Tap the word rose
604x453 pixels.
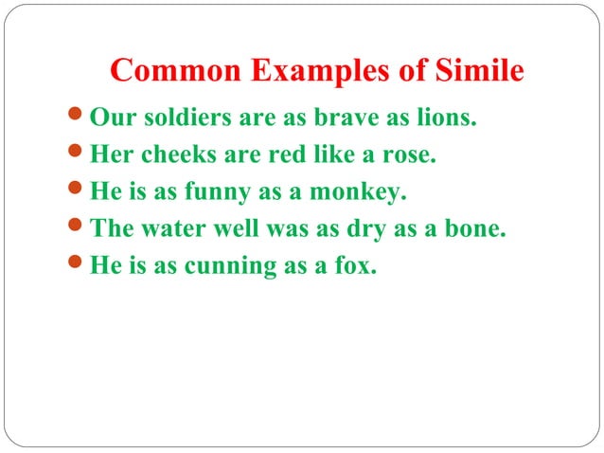click(411, 156)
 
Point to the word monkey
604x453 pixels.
click(363, 193)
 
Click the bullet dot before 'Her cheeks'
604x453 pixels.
click(78, 157)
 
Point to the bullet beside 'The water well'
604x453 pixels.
click(78, 229)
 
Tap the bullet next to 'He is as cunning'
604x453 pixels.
click(78, 265)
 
